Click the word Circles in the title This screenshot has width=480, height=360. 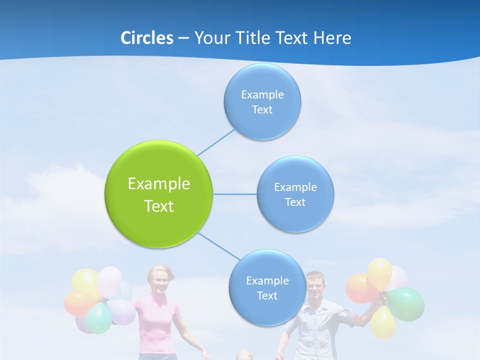(x=146, y=38)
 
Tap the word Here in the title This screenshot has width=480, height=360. (x=332, y=38)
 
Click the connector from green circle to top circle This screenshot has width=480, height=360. (x=215, y=142)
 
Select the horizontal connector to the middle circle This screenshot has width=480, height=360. (x=234, y=194)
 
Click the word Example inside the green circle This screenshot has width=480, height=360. (x=158, y=183)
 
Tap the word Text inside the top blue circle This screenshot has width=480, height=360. (x=262, y=110)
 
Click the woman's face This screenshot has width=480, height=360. (x=160, y=282)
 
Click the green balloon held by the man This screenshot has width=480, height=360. (x=406, y=303)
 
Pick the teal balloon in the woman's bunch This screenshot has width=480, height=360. (x=98, y=318)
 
